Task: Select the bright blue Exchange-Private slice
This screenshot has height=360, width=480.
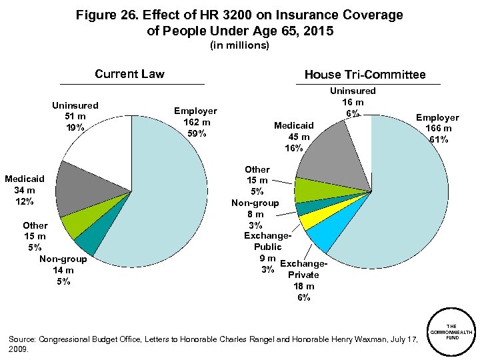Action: [318, 236]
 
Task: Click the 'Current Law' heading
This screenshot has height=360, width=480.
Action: [129, 74]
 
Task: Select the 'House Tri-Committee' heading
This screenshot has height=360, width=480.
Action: [365, 75]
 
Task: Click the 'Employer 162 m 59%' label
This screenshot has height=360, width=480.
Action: [195, 122]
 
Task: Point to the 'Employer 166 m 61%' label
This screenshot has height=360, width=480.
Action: [438, 128]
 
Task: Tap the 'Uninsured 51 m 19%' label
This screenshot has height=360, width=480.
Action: [75, 116]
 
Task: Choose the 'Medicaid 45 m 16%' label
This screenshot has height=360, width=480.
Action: [294, 137]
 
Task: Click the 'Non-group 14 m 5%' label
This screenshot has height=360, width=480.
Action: [63, 270]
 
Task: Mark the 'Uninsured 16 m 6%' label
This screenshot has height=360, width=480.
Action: [353, 102]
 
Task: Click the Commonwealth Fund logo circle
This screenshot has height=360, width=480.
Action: [451, 334]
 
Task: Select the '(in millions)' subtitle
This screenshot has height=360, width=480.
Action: [239, 45]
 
